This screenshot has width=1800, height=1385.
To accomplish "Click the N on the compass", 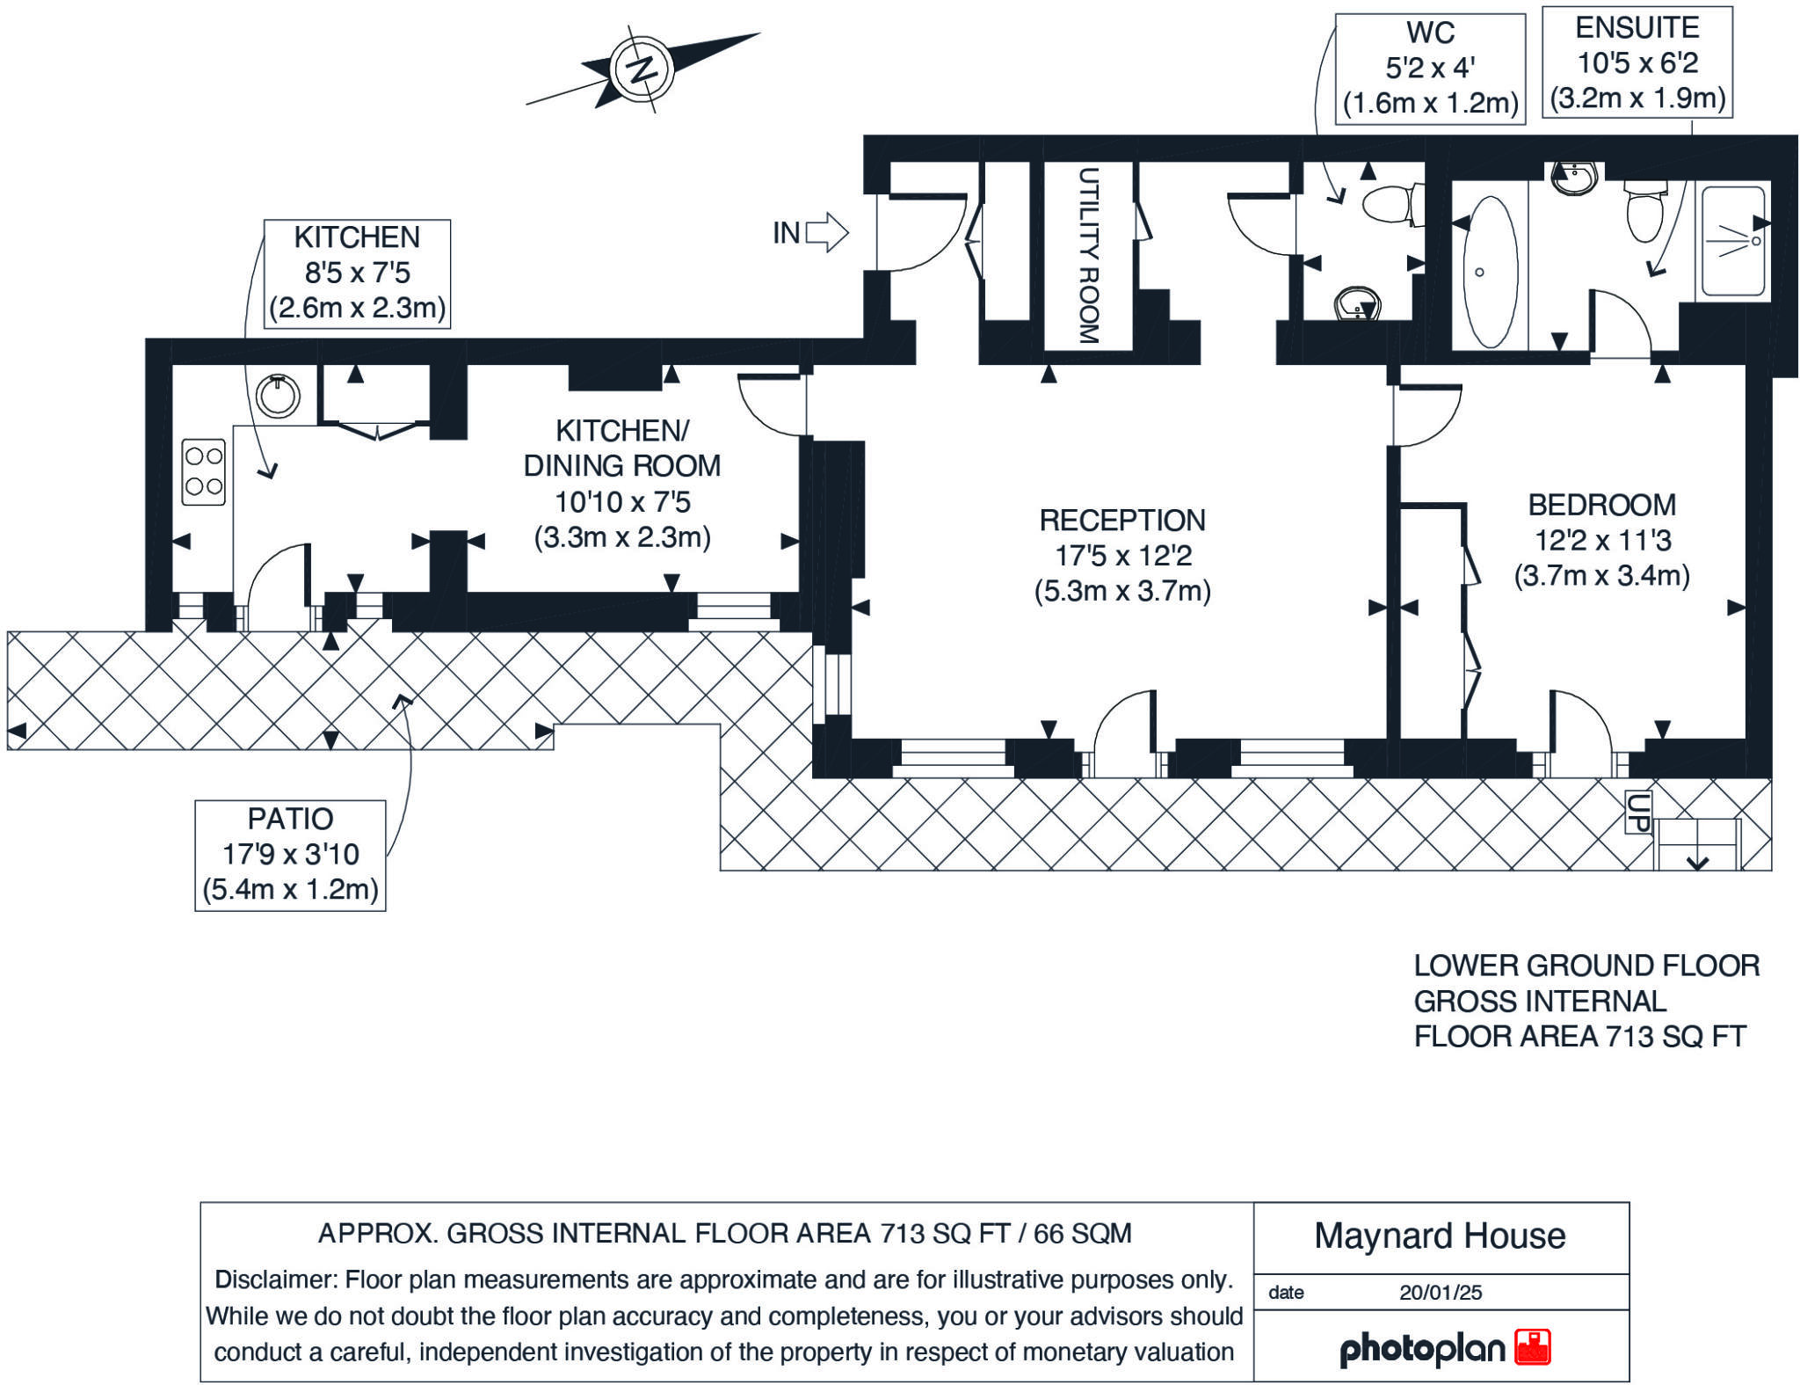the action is coord(643,69).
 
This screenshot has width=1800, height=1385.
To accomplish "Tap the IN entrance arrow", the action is coord(827,233).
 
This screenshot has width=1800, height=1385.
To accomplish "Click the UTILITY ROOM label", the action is coord(1088,256).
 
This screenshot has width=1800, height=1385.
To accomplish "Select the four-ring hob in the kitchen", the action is coord(204,472).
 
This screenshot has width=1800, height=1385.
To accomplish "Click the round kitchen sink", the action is coord(278,396).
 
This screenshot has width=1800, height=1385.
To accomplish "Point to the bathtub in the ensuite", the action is coord(1491,272).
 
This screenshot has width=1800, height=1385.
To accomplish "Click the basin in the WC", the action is coord(1358,304).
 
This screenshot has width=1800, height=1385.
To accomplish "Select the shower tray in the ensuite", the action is coord(1733,240).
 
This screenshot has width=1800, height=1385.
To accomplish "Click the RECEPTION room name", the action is coord(1122,521).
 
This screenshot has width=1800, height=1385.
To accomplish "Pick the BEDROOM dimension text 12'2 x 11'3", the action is coord(1602,540).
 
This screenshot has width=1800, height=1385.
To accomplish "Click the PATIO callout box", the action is coord(290,855).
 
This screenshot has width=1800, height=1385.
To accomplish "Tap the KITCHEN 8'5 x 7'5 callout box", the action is coord(358,273).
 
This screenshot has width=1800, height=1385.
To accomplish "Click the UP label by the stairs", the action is coord(1638,812).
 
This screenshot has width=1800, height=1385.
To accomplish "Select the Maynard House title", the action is coord(1440,1236).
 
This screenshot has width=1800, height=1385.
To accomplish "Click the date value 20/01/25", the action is coord(1441,1293).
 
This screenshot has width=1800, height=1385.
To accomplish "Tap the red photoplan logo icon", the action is coord(1533,1347).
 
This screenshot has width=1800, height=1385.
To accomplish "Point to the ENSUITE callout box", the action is coord(1637,62).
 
